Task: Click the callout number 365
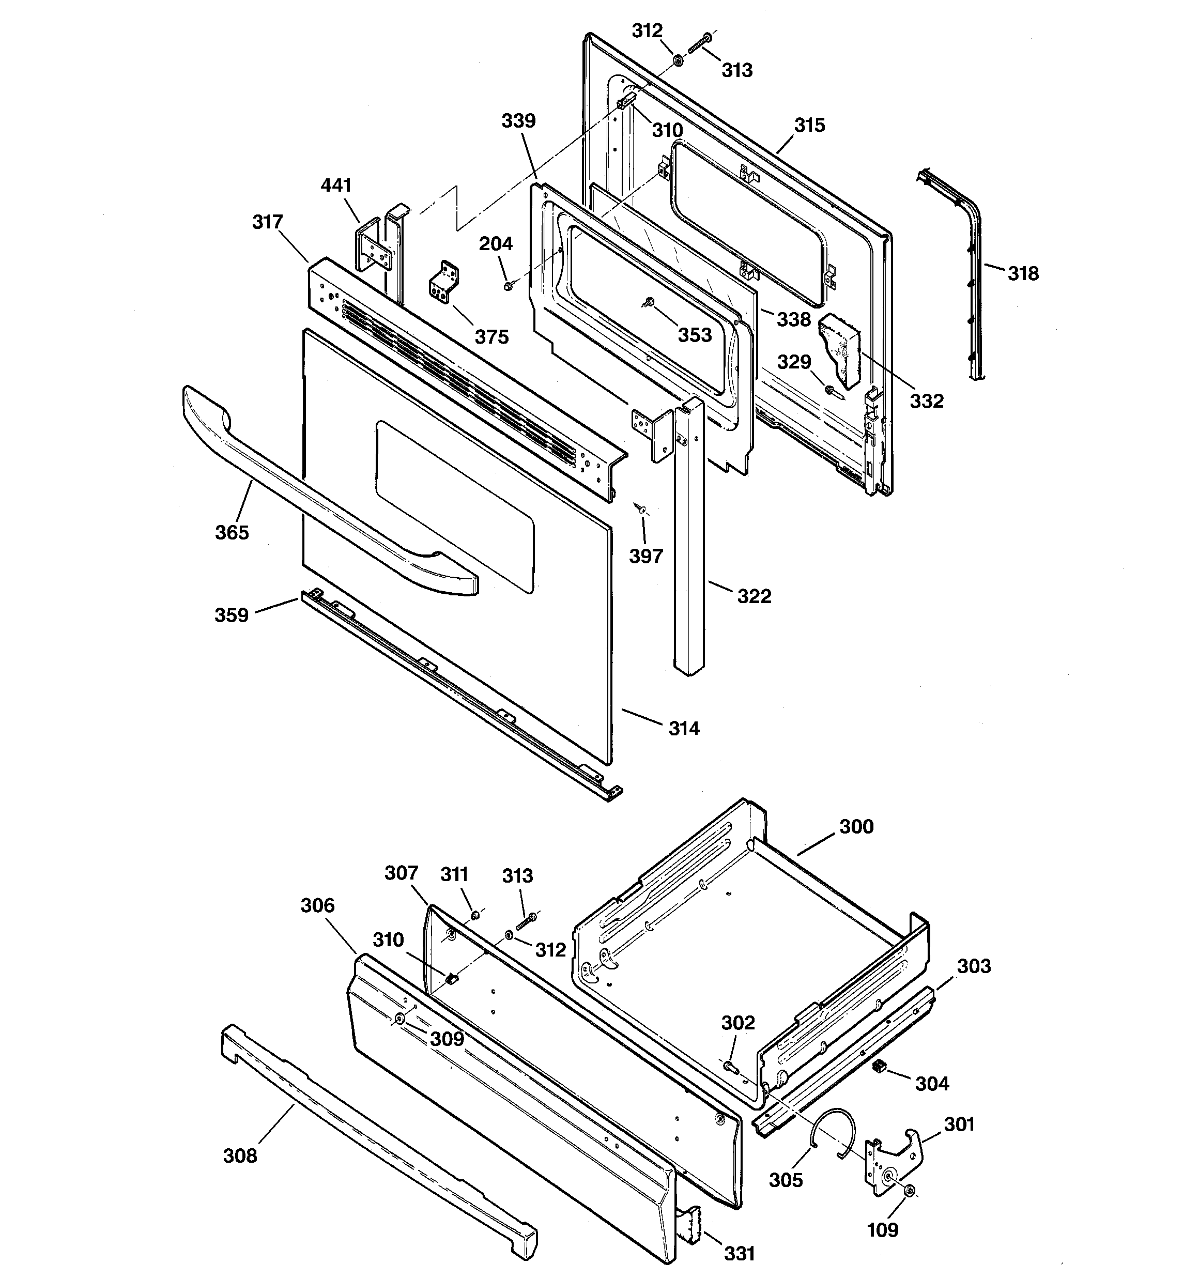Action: pos(232,532)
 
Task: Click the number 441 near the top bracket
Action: pos(336,186)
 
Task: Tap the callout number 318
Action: pos(1023,273)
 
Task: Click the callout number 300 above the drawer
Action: pos(856,826)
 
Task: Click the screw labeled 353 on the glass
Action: pos(649,302)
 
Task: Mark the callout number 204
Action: pos(496,243)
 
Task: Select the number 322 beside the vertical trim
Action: pos(754,596)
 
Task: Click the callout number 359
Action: pos(231,615)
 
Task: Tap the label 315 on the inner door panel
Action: pos(809,125)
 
